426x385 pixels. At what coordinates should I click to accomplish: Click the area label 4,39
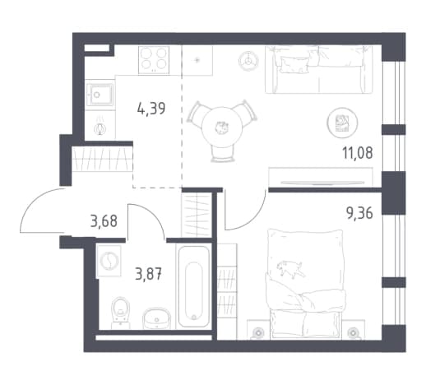coord(151,109)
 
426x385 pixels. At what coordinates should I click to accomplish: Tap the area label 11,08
coord(358,153)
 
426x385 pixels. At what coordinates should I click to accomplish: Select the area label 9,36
coord(359,213)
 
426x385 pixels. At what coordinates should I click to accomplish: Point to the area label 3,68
coord(104,221)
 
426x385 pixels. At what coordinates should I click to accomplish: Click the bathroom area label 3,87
coord(148,274)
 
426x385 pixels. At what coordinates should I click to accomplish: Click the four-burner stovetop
coord(154,60)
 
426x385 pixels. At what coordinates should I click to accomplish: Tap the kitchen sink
coord(100,95)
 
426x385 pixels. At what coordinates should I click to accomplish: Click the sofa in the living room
coord(319,70)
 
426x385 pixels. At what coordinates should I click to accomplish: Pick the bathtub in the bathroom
coord(194,286)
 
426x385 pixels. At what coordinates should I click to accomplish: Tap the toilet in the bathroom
coord(121,313)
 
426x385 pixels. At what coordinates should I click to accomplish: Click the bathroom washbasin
coord(156,318)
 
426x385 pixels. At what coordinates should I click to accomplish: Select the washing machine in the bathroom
coord(109,261)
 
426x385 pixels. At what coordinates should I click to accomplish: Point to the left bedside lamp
coord(257,332)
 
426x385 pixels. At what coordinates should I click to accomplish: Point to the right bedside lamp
coord(353,332)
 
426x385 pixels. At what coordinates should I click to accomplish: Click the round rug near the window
coord(342,123)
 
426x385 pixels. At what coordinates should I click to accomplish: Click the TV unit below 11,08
coord(321,177)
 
